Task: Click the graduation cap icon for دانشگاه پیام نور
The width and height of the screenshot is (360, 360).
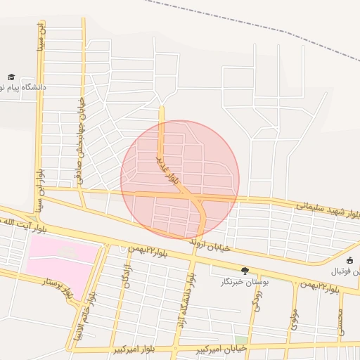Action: pyautogui.click(x=11, y=77)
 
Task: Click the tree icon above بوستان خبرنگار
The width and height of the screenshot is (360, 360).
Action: pyautogui.click(x=245, y=271)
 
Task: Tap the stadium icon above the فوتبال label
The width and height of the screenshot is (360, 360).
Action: pyautogui.click(x=350, y=261)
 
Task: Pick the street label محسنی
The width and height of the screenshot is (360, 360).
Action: pyautogui.click(x=340, y=320)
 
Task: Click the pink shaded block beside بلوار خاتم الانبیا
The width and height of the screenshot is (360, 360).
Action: pyautogui.click(x=62, y=257)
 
